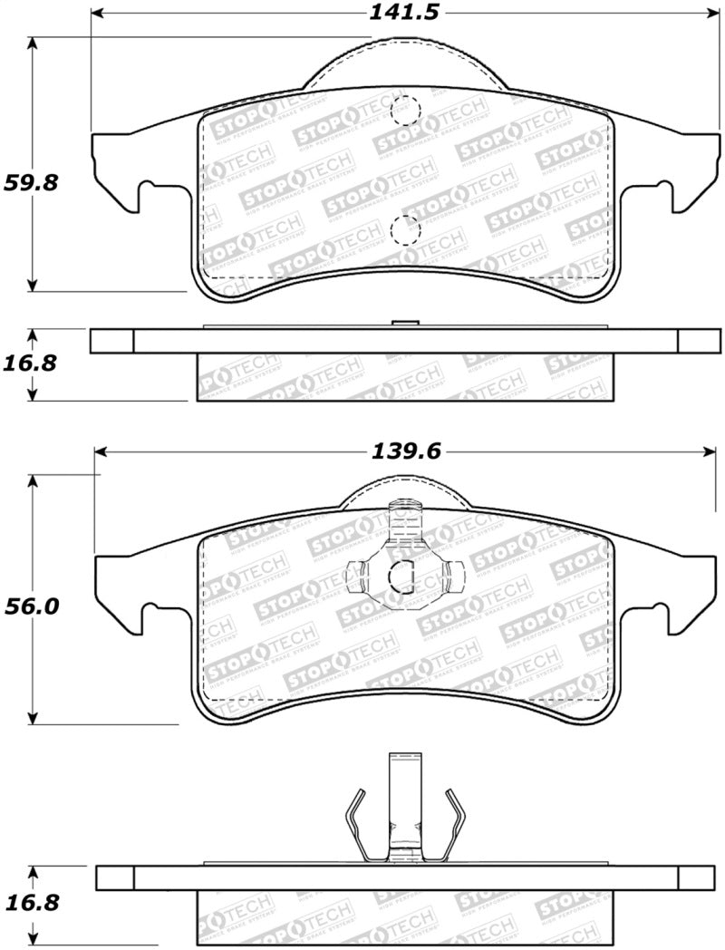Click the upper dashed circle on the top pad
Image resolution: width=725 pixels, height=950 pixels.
[405, 110]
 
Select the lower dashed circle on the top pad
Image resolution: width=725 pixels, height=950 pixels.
[405, 230]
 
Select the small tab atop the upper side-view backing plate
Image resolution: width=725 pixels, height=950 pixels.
[403, 324]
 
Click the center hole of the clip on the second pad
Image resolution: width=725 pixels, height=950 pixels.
[401, 574]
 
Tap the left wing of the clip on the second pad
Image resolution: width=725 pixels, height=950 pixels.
[357, 573]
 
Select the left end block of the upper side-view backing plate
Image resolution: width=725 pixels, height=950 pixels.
[112, 340]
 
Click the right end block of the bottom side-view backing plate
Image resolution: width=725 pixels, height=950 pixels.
[695, 877]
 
